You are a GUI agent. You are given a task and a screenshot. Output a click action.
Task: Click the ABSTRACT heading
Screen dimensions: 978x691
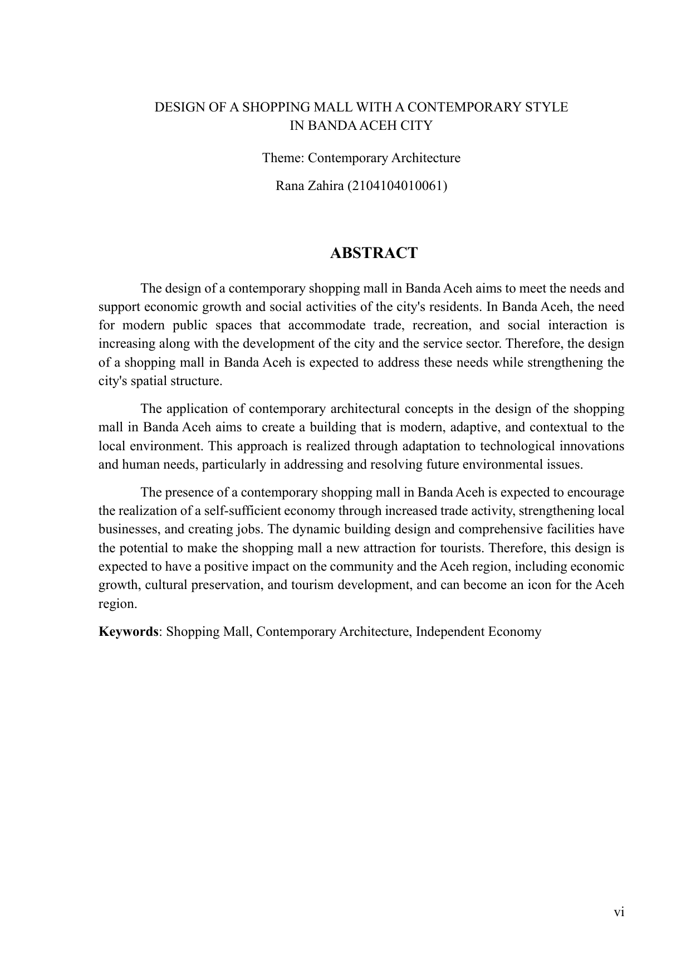[374, 253]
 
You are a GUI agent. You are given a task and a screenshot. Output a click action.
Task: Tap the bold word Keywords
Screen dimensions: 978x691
[128, 631]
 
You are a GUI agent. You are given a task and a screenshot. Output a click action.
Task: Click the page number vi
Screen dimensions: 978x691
[619, 912]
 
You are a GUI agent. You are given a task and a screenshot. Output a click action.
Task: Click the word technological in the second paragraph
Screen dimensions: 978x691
[516, 446]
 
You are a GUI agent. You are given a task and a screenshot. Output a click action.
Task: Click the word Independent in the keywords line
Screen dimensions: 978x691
[450, 631]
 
